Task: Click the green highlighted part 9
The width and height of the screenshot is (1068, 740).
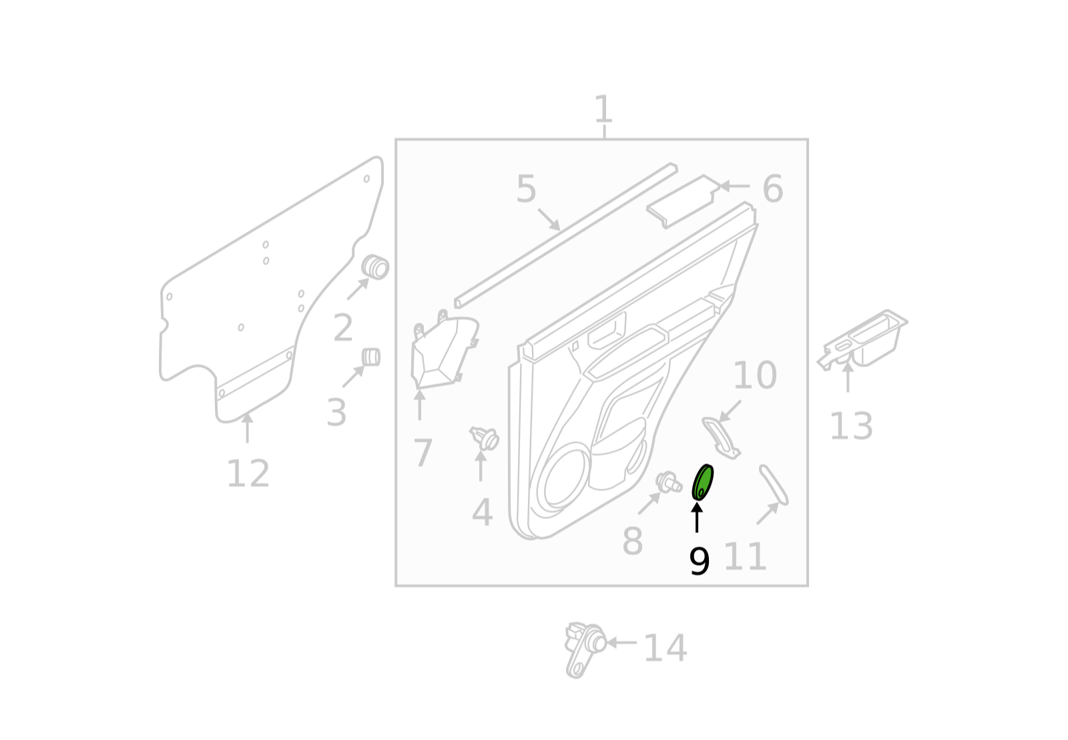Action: pyautogui.click(x=702, y=482)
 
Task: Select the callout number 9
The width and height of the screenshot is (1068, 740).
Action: pyautogui.click(x=700, y=562)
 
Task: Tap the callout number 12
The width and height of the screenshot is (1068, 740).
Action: pyautogui.click(x=248, y=474)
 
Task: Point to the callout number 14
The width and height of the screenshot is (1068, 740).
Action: pyautogui.click(x=665, y=648)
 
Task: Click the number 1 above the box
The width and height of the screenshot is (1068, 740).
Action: pyautogui.click(x=603, y=110)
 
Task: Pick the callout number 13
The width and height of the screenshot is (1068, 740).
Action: pyautogui.click(x=852, y=426)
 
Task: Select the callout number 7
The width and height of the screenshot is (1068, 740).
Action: pyautogui.click(x=423, y=453)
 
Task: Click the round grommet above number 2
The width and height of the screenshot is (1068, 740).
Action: pyautogui.click(x=375, y=267)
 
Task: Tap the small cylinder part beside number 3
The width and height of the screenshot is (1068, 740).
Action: pyautogui.click(x=371, y=357)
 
